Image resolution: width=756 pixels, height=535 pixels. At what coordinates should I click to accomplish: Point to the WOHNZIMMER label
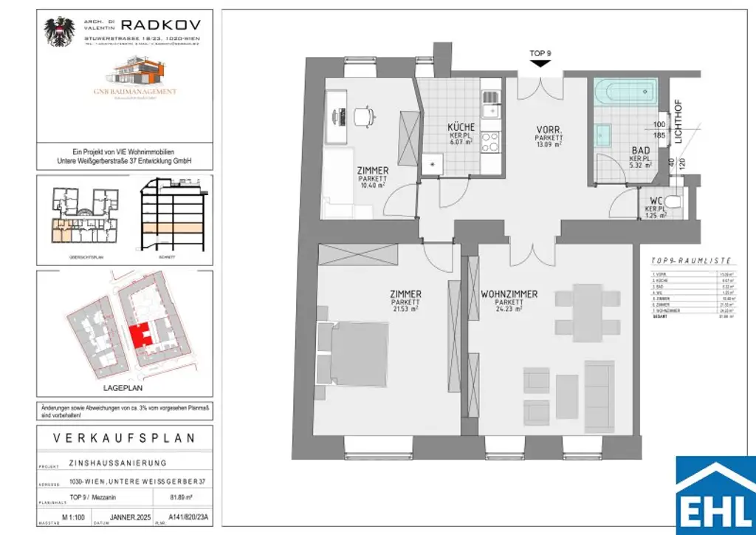(x=509, y=294)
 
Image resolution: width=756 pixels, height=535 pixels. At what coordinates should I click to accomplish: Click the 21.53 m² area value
(x=405, y=310)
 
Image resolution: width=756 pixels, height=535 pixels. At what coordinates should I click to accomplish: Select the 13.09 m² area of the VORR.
(x=549, y=146)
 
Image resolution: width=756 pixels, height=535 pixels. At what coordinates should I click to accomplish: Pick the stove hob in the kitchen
(x=491, y=140)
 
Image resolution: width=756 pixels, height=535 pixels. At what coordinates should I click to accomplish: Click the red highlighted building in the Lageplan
(x=140, y=334)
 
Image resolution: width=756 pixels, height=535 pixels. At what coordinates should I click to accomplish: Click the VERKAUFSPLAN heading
(x=125, y=437)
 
